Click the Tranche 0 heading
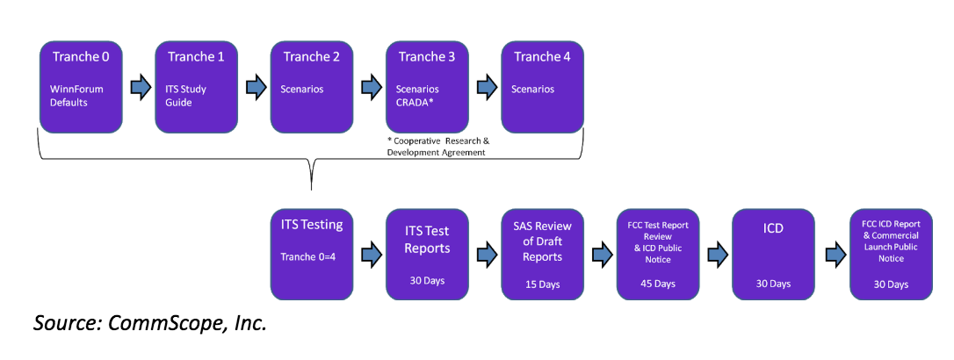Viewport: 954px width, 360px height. [81, 57]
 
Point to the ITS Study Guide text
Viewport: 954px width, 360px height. [186, 97]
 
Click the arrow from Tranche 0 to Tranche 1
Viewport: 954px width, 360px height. [138, 88]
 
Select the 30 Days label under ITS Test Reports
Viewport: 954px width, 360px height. [427, 284]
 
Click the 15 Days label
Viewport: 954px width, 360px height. [542, 284]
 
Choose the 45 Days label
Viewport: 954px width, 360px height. [657, 284]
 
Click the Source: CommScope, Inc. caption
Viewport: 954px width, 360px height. [149, 324]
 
